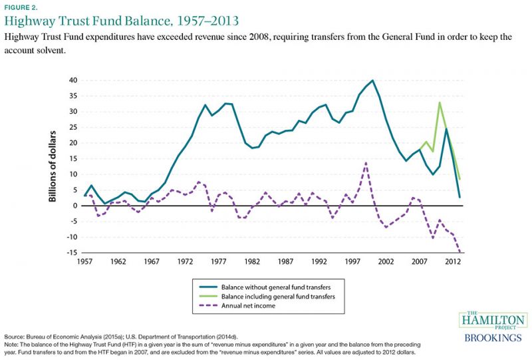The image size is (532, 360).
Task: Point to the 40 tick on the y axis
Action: coord(71,81)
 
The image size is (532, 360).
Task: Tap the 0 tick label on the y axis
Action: coord(74,206)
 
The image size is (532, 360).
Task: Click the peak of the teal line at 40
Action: coord(372,81)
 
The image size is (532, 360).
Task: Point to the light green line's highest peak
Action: coord(440,102)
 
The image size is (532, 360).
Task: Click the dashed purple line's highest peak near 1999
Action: coord(366,162)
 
